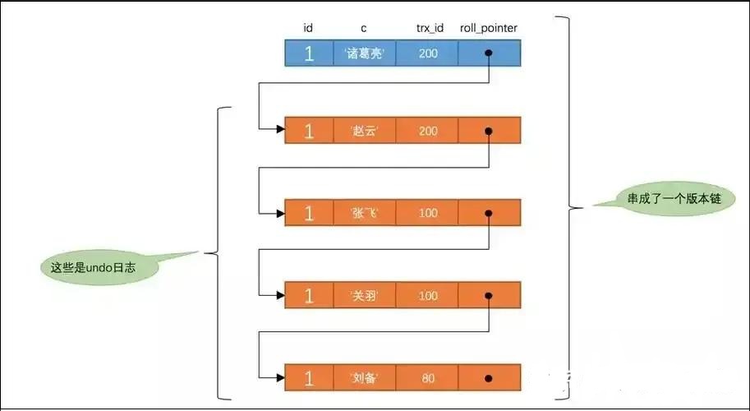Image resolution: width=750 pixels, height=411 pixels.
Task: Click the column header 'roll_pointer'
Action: tap(489, 29)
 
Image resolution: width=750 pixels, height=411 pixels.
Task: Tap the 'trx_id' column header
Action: tap(428, 29)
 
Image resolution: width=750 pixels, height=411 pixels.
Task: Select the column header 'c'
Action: tap(364, 29)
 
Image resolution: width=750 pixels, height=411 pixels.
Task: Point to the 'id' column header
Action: tap(308, 29)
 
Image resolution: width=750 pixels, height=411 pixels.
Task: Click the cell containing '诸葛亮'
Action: tap(364, 54)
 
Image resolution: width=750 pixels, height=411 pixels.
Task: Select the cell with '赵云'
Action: tap(364, 131)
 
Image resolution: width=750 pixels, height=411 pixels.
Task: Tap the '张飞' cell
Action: tap(364, 213)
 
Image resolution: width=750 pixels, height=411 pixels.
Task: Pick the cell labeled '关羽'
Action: tap(364, 295)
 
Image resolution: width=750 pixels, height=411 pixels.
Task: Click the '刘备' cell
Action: tap(364, 378)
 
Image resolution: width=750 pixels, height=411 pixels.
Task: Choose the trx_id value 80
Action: tap(428, 378)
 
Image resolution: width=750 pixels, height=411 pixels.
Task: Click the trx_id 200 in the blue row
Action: tap(428, 54)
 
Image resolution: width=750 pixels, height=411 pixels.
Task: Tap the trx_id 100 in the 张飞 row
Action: tap(428, 213)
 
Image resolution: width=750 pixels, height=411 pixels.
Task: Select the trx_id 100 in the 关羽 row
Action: tap(428, 295)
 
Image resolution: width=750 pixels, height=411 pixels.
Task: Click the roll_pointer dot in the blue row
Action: tap(489, 54)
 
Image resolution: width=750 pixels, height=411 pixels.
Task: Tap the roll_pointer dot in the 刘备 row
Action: tap(489, 378)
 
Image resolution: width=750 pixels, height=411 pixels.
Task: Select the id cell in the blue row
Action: tap(308, 54)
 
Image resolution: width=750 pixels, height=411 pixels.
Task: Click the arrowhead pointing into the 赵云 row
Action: tap(279, 129)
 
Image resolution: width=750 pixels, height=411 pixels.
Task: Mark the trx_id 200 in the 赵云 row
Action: tap(428, 131)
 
